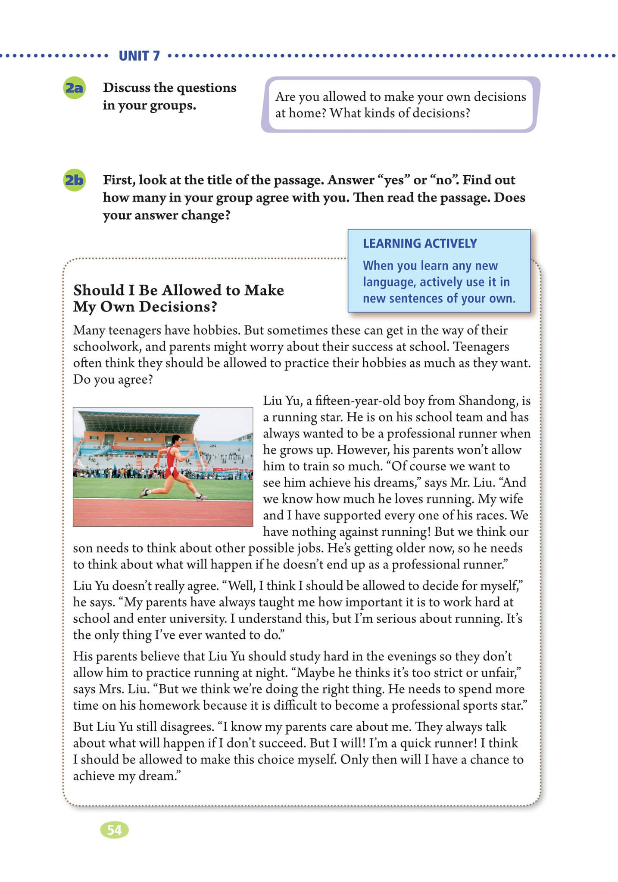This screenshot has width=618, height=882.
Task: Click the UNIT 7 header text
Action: click(x=139, y=56)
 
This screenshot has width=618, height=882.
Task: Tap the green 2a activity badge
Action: click(x=74, y=88)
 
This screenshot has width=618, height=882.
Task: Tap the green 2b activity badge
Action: click(x=74, y=180)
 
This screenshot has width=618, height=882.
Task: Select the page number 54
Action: click(x=114, y=830)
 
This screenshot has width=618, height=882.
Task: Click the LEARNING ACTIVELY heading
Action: click(x=420, y=244)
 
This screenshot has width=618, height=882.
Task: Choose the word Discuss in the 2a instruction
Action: click(x=126, y=88)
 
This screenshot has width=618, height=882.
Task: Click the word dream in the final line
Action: click(x=156, y=776)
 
